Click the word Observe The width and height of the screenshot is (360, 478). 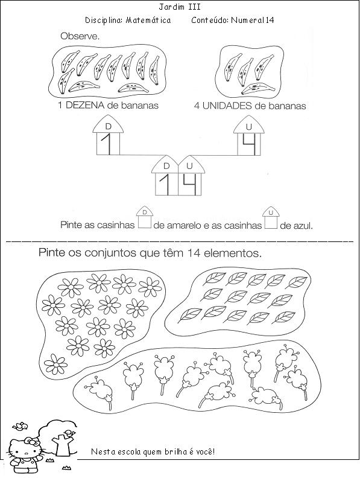click(80, 36)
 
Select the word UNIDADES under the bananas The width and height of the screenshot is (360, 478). click(227, 106)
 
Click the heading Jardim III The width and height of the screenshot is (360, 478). click(180, 7)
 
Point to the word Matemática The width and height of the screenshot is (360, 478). click(148, 21)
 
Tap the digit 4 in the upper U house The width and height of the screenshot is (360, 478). click(250, 143)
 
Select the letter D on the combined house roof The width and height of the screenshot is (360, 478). click(166, 166)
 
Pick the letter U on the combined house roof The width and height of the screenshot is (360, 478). click(189, 166)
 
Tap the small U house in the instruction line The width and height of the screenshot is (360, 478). click(271, 218)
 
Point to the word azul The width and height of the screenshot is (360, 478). click(303, 226)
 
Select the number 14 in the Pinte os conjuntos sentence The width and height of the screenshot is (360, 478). click(194, 253)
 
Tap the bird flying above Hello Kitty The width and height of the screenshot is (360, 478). click(20, 426)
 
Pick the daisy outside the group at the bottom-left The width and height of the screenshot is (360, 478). click(55, 364)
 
